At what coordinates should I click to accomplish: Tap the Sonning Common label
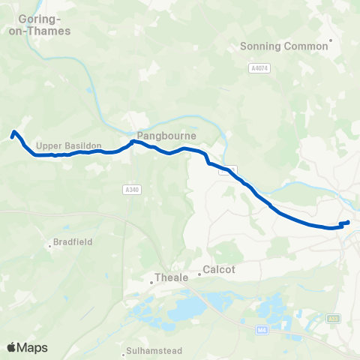point(283,46)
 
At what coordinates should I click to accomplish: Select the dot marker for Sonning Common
point(331,40)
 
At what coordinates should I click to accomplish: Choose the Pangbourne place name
point(166,136)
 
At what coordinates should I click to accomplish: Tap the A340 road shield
point(132,190)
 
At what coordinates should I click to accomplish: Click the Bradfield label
point(71,243)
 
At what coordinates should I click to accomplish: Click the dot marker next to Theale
point(151,282)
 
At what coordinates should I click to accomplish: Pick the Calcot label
point(219,270)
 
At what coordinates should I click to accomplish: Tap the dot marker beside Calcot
point(199,274)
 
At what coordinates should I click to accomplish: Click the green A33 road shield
point(334,320)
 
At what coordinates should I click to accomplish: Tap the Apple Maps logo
point(27,347)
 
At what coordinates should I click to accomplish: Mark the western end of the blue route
point(11,136)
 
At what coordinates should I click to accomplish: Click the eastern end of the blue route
point(349,222)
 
